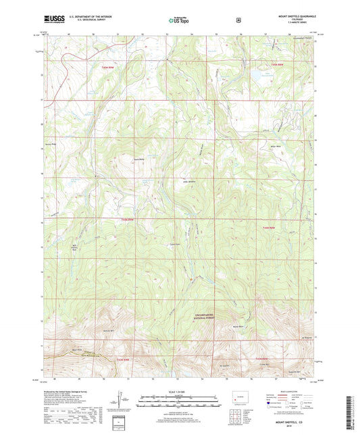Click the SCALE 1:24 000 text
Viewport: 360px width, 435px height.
(180, 391)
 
